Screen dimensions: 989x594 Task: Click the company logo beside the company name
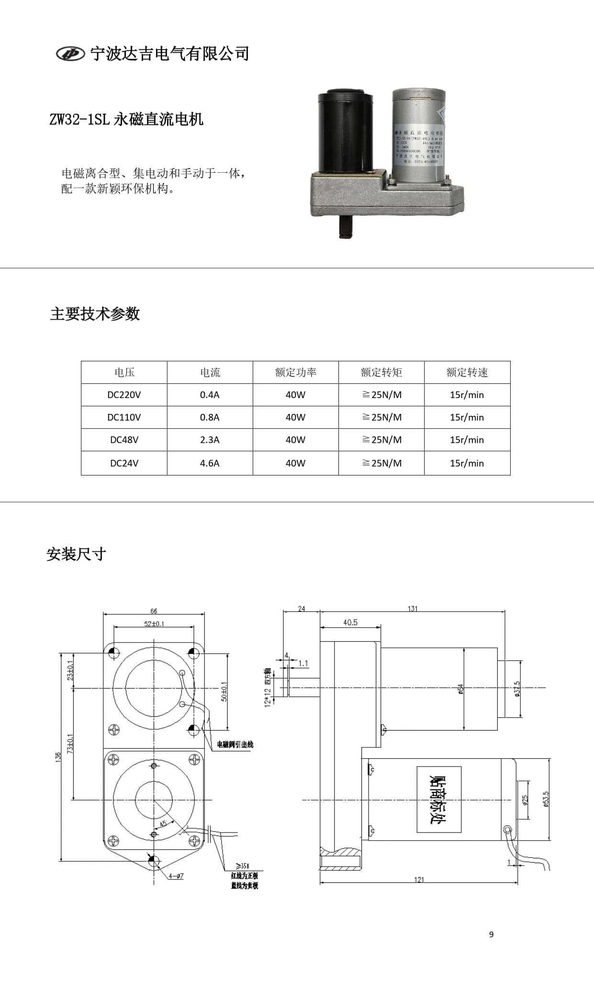click(x=70, y=54)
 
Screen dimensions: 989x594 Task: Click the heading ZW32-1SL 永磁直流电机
click(x=126, y=119)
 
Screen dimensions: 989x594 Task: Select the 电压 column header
click(x=124, y=372)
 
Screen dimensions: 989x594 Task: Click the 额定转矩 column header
click(x=381, y=372)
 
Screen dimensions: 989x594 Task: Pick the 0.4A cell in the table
click(x=210, y=395)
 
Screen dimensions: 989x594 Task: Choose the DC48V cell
click(x=124, y=440)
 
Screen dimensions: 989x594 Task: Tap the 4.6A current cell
click(x=210, y=463)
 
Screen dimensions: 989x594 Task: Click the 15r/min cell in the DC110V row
click(x=467, y=417)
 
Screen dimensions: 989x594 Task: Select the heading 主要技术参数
click(x=95, y=314)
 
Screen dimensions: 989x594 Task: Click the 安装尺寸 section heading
click(x=76, y=554)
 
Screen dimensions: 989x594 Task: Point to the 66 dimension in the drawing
click(x=154, y=611)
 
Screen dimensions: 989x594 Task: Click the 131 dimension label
click(x=413, y=609)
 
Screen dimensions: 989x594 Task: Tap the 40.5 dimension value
click(x=350, y=622)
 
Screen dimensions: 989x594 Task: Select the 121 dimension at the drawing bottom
click(x=419, y=879)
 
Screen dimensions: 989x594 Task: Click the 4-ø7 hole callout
click(x=176, y=876)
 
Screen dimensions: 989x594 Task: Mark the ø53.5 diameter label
click(x=546, y=799)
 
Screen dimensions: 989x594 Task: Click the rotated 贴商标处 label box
click(x=439, y=800)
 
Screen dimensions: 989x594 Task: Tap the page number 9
click(x=491, y=934)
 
